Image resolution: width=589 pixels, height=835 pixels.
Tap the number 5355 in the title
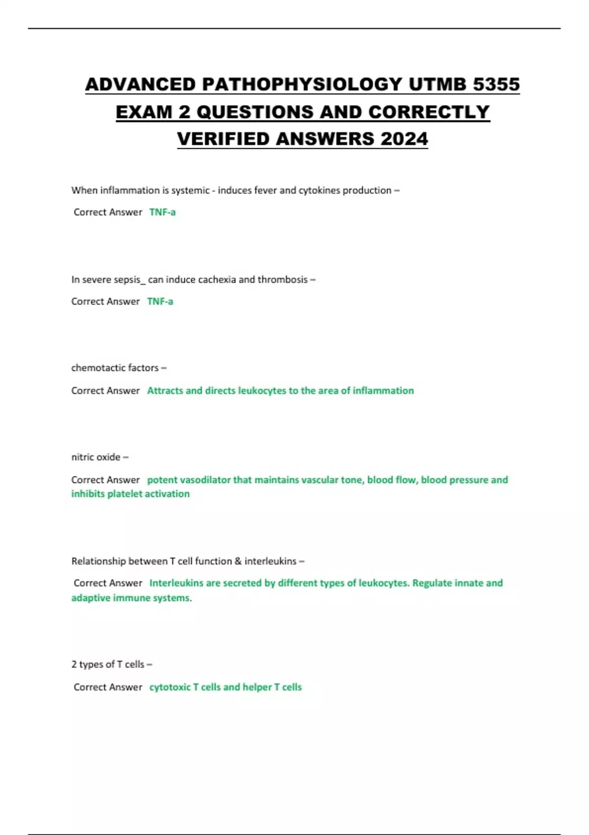(496, 84)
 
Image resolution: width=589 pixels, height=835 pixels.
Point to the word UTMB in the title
(437, 84)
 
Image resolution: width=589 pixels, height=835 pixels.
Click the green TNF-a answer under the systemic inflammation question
(162, 212)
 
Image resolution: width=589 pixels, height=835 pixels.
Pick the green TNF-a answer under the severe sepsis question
(160, 302)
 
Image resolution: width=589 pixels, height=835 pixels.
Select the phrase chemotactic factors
(115, 368)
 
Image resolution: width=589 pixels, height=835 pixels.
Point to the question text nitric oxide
(96, 457)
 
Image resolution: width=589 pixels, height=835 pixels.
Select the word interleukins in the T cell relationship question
(270, 561)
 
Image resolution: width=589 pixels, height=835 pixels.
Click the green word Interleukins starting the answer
(176, 583)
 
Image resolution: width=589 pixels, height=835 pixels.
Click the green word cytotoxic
(170, 687)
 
